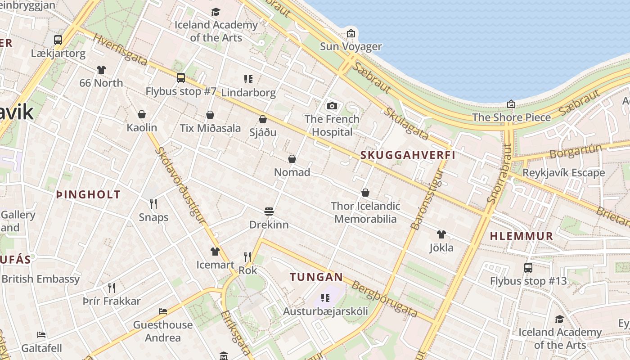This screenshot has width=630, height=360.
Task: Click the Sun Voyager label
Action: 351,46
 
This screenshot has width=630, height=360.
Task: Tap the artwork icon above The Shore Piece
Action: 511,104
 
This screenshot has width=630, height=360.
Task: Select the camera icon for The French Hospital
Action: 332,106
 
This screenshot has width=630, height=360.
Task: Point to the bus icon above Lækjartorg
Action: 58,40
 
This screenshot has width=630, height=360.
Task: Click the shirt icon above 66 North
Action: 101,70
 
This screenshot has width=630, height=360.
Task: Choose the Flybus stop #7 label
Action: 181,91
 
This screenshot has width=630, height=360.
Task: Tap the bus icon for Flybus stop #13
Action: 528,268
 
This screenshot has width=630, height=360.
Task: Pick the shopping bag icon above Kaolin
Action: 141,114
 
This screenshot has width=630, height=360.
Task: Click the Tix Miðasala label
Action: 210,128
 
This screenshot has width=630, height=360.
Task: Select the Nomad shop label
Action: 292,172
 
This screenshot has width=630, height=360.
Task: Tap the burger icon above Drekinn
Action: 269,211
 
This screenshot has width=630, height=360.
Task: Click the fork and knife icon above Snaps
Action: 153,204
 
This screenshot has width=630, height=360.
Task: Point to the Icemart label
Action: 215,265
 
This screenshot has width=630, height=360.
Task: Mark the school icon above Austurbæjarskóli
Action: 325,298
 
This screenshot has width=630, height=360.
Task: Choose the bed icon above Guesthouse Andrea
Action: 163,311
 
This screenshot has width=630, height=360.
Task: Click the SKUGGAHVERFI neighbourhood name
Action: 408,155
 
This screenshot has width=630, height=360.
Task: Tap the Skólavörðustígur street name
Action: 180,184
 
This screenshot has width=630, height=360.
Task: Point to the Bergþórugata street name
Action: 384,299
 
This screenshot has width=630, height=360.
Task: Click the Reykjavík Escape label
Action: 563,173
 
